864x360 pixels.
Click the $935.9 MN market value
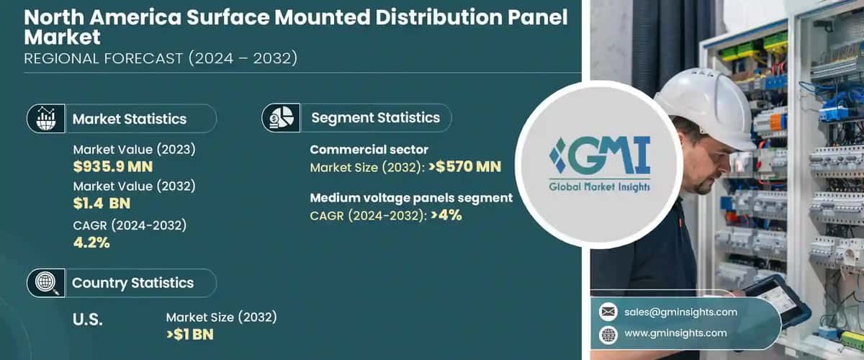coord(112,168)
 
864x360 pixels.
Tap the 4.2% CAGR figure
coord(91,243)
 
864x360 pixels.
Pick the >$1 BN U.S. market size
coord(189,334)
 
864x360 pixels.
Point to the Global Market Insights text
coord(599,186)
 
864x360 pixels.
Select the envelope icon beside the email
coord(608,312)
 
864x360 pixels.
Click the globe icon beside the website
coord(608,334)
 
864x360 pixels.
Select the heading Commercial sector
coord(369,150)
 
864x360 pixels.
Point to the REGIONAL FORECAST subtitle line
coord(161,59)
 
